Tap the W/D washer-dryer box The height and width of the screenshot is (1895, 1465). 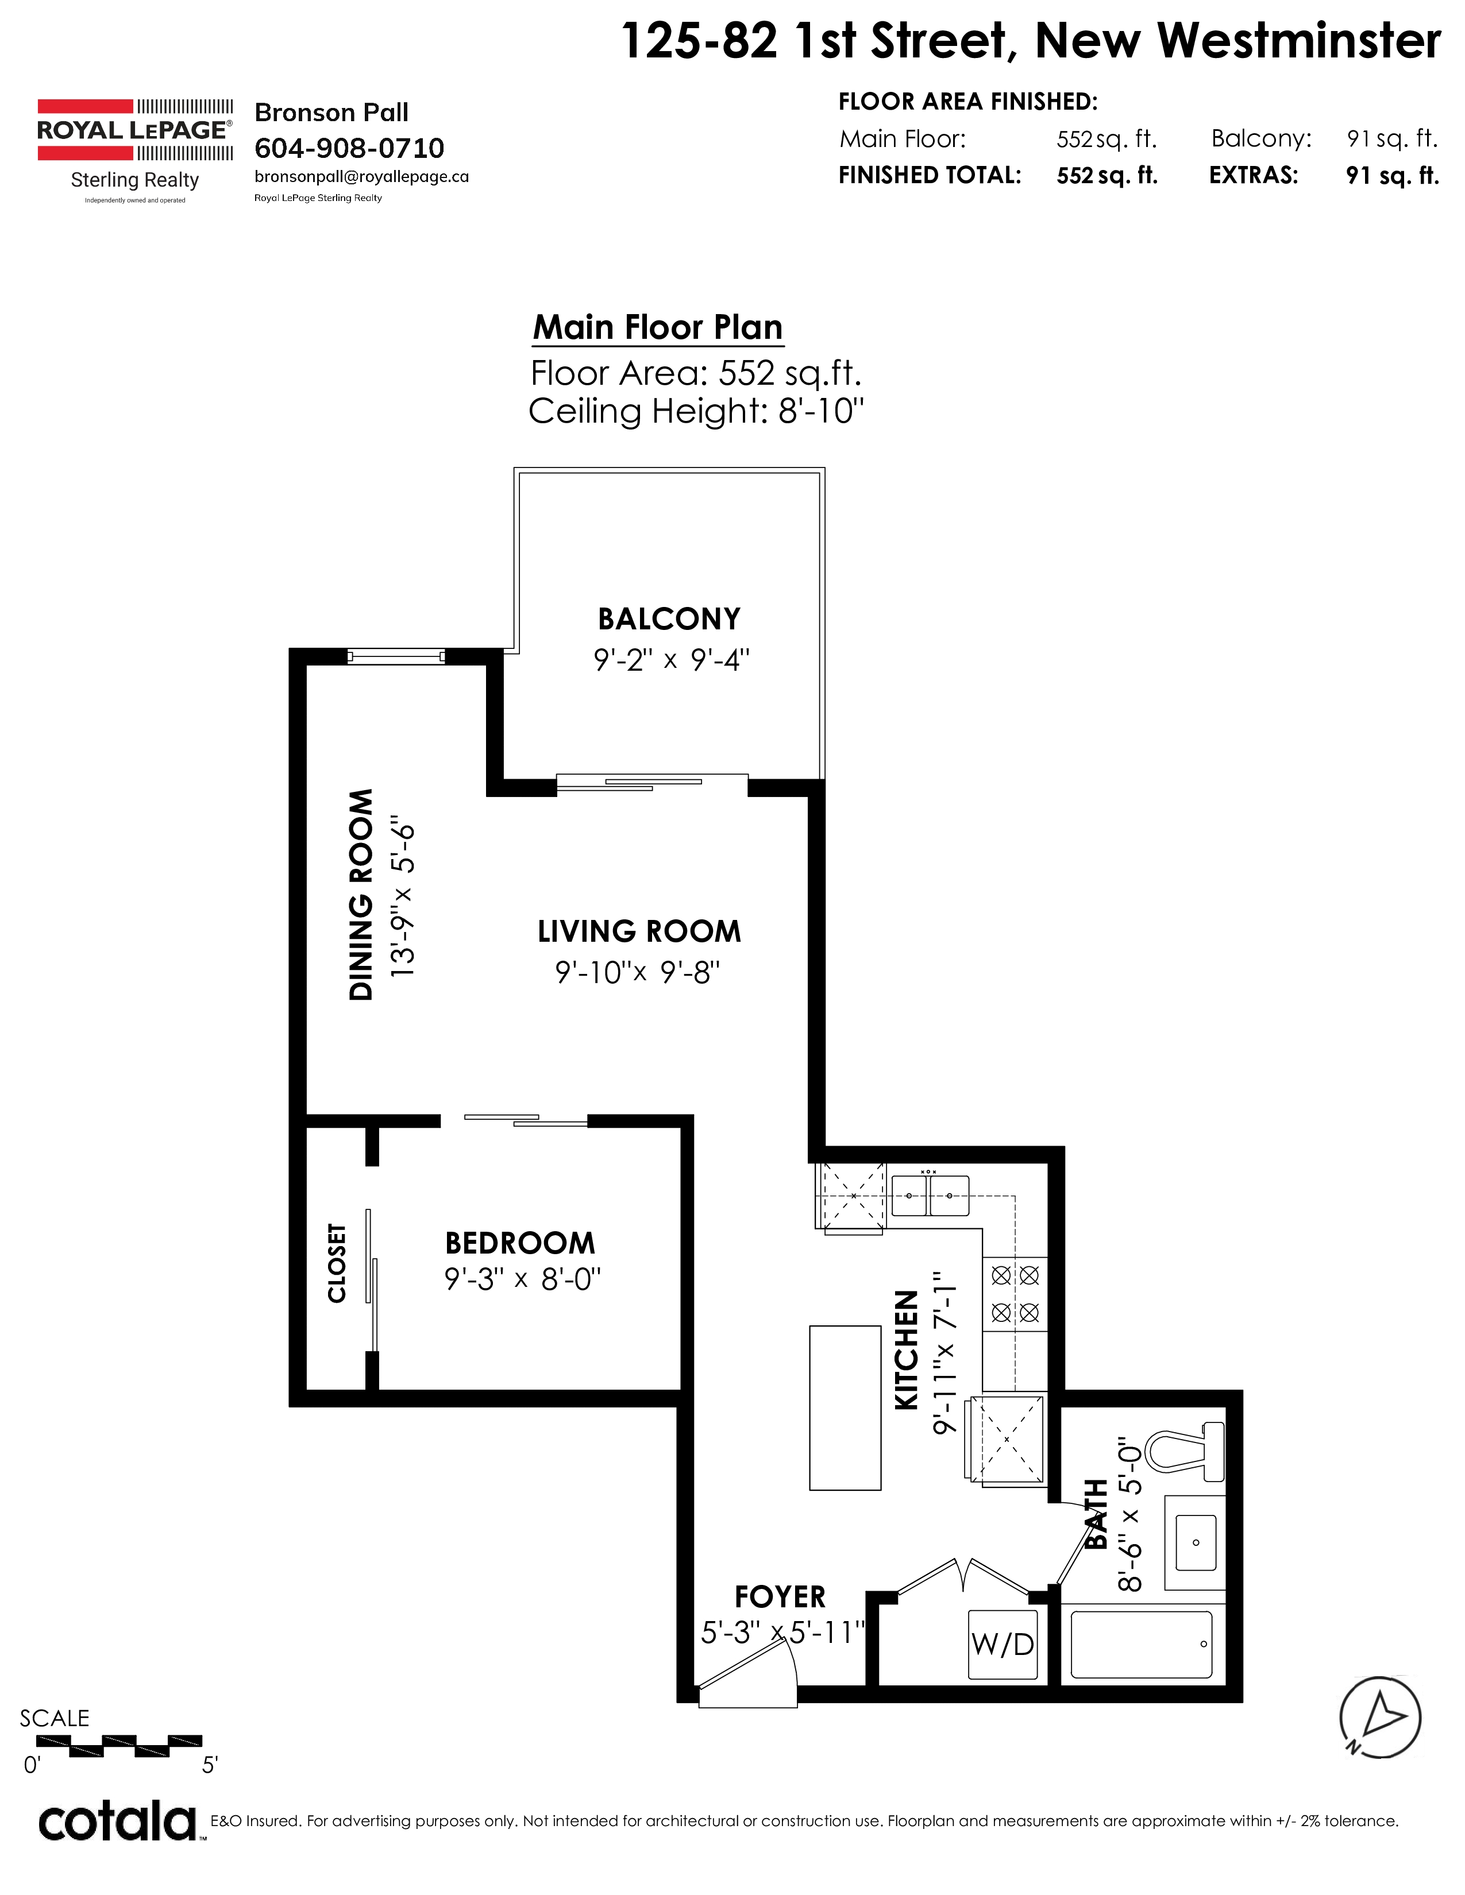click(x=1003, y=1643)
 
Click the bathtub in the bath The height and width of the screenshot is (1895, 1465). click(x=1142, y=1644)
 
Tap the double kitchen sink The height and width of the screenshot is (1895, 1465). click(x=930, y=1195)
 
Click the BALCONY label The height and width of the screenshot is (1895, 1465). click(x=669, y=618)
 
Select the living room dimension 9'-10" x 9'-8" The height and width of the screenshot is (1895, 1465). click(x=638, y=973)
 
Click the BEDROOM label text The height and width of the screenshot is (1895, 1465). click(x=520, y=1243)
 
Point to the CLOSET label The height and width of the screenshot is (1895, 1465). click(x=337, y=1263)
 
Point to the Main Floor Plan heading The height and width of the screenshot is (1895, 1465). click(x=658, y=327)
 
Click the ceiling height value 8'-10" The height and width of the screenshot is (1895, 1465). click(x=821, y=411)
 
